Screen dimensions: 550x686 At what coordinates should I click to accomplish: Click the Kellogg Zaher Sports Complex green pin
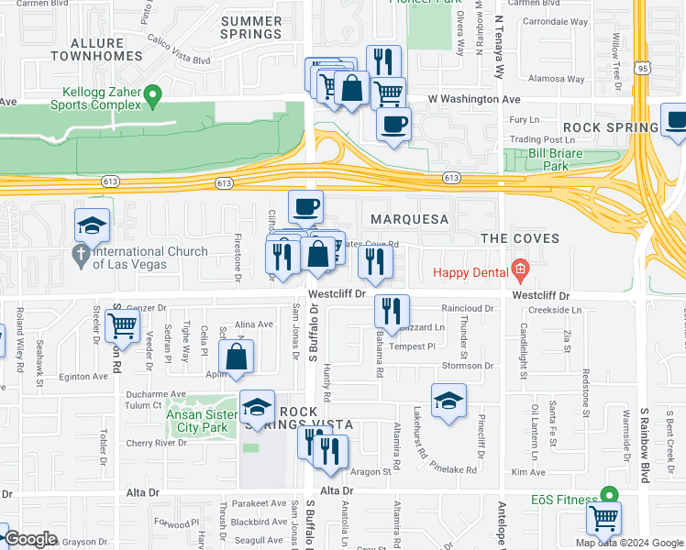pos(154,93)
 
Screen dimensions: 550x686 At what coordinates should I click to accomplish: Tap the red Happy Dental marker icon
pos(521,270)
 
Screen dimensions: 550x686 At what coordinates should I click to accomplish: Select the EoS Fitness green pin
pos(605,494)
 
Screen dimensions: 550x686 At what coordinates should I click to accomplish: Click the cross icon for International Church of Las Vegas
pos(82,253)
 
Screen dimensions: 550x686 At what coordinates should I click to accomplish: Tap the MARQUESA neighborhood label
pos(409,220)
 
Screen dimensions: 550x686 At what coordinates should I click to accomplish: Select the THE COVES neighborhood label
pos(520,238)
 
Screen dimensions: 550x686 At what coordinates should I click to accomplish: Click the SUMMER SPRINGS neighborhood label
pos(251,27)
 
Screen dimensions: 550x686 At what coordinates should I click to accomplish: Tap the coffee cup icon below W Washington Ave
pos(393,124)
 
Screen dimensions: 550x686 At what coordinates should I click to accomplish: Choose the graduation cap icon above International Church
pos(93,224)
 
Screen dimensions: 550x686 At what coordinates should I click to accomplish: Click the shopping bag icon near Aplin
pos(237,356)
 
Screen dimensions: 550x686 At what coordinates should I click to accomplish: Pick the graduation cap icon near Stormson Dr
pos(448,400)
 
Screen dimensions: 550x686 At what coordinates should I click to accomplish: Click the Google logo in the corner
pos(30,539)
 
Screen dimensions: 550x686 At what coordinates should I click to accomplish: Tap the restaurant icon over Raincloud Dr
pos(392,311)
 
